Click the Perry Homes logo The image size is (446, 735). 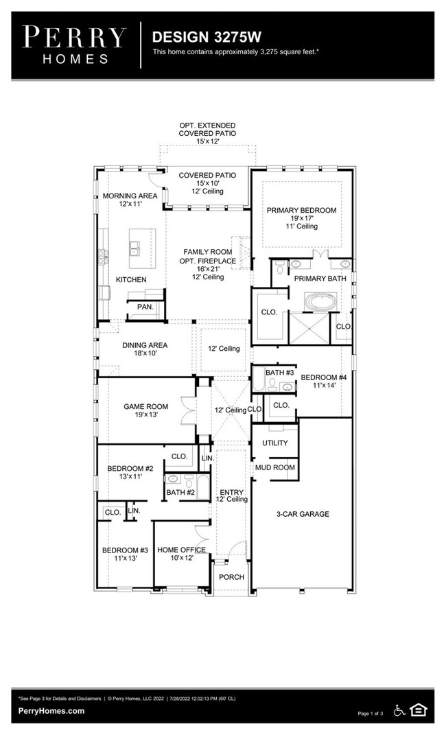click(75, 45)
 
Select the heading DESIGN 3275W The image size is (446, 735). click(207, 37)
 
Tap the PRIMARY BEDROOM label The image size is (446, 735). click(302, 211)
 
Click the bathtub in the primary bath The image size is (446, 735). click(320, 302)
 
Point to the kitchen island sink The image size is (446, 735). click(134, 248)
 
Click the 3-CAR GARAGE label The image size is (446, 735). click(303, 514)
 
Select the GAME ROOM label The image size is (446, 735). click(145, 406)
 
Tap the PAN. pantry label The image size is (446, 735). click(145, 307)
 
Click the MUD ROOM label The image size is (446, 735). click(275, 467)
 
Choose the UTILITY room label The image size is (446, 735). click(275, 443)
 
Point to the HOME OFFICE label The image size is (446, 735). click(181, 550)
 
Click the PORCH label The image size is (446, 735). click(231, 577)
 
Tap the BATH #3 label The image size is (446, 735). click(280, 373)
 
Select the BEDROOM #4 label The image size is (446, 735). click(324, 377)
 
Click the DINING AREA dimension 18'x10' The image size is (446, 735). click(145, 353)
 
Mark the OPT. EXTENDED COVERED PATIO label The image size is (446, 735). click(207, 130)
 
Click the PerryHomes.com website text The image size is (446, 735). click(51, 710)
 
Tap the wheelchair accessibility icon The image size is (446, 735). click(399, 710)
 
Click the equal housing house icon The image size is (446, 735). click(418, 710)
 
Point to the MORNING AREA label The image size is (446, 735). click(130, 196)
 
